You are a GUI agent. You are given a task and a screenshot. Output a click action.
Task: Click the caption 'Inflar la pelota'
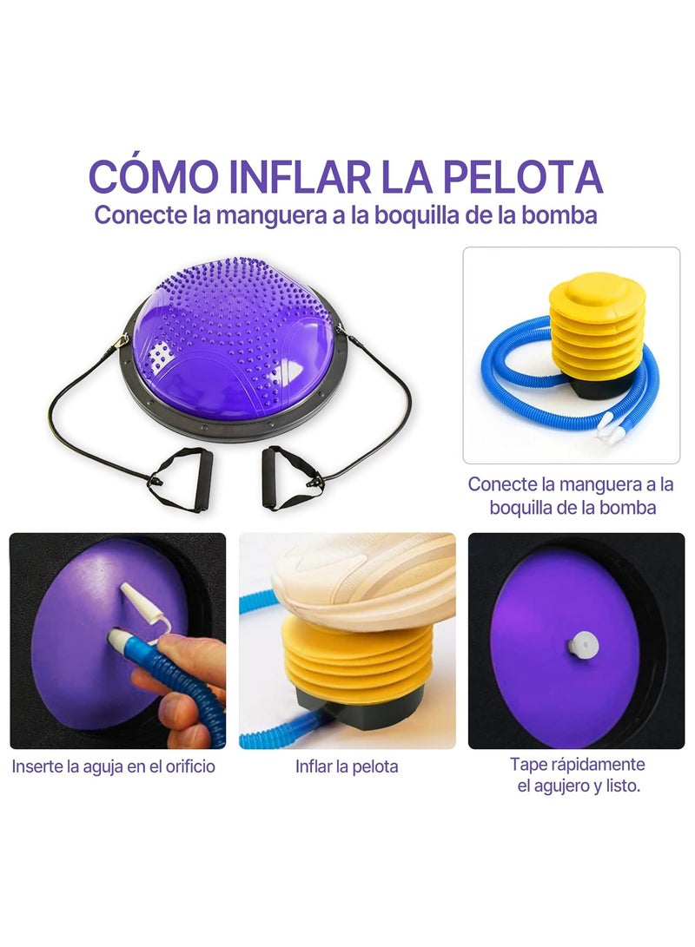(347, 767)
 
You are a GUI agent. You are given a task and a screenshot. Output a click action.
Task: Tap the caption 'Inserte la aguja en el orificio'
(114, 767)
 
